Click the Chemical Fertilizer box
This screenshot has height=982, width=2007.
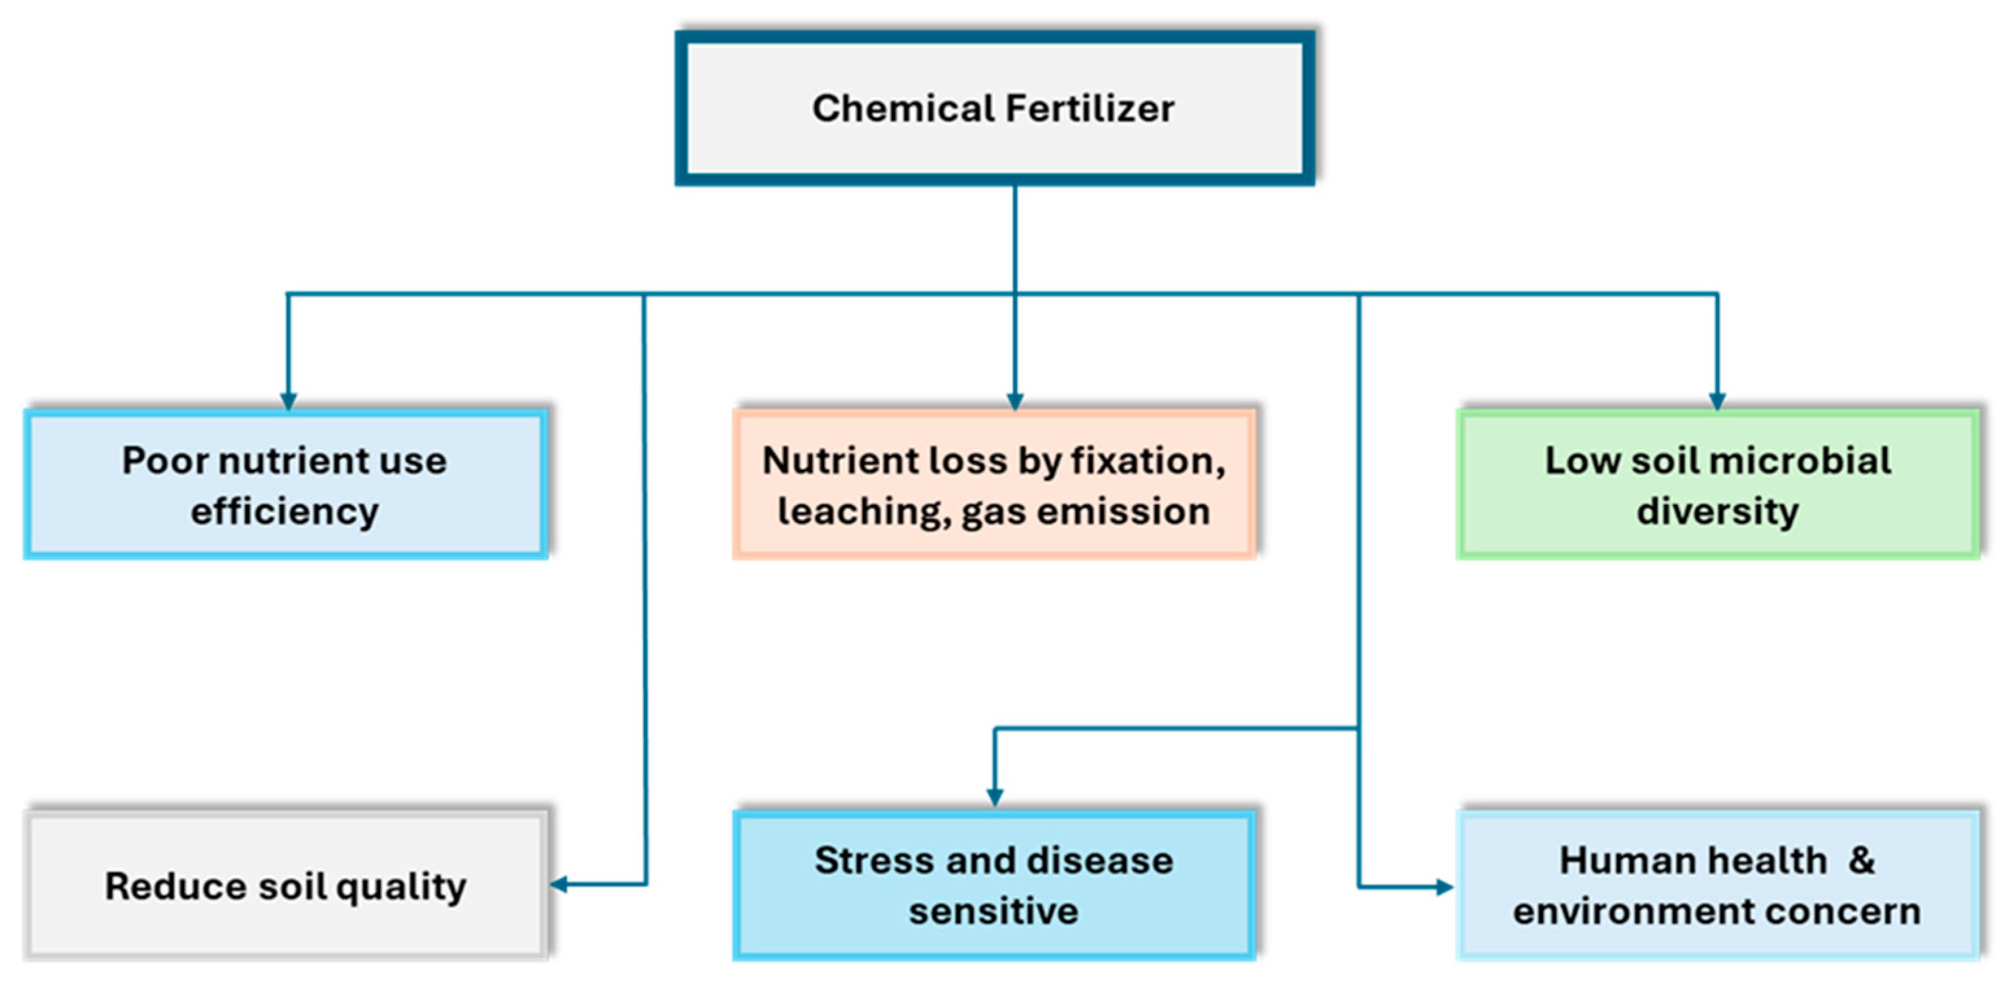click(995, 108)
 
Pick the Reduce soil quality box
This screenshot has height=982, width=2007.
click(286, 885)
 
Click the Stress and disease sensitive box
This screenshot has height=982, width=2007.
click(994, 885)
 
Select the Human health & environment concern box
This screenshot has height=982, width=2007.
click(1717, 885)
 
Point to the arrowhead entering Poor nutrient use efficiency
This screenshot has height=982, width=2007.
click(288, 400)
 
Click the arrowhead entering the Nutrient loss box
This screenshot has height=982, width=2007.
click(1015, 400)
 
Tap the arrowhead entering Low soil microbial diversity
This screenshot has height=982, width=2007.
click(1717, 400)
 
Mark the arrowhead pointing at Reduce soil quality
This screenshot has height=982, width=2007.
click(559, 884)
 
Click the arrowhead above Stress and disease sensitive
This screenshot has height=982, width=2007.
click(995, 796)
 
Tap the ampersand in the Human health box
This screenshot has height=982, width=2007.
click(1862, 861)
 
